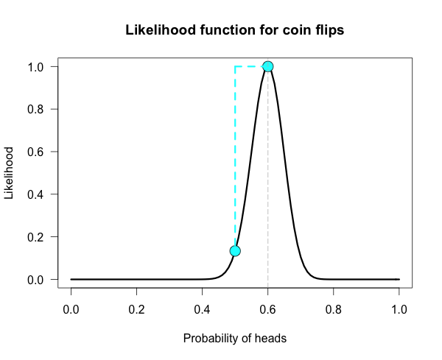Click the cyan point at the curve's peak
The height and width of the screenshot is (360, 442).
pyautogui.click(x=268, y=66)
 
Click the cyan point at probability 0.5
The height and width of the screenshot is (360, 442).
pyautogui.click(x=235, y=251)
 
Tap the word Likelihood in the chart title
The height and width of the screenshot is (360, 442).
pyautogui.click(x=156, y=31)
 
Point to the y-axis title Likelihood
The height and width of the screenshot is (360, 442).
pyautogui.click(x=10, y=173)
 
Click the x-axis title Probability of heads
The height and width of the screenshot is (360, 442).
pyautogui.click(x=235, y=339)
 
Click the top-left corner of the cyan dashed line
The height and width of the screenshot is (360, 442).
pyautogui.click(x=235, y=66)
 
